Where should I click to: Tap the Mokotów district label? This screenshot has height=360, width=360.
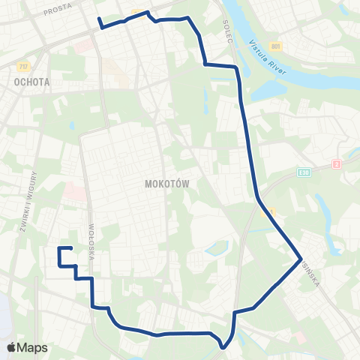166,184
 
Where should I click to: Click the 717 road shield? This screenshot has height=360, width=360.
23,67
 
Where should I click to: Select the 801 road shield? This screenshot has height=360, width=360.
276,46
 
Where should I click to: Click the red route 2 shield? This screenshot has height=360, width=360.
337,163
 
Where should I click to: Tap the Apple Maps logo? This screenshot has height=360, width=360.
26,347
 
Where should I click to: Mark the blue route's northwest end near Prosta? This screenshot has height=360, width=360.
98,17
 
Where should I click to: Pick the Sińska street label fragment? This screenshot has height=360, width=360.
310,273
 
